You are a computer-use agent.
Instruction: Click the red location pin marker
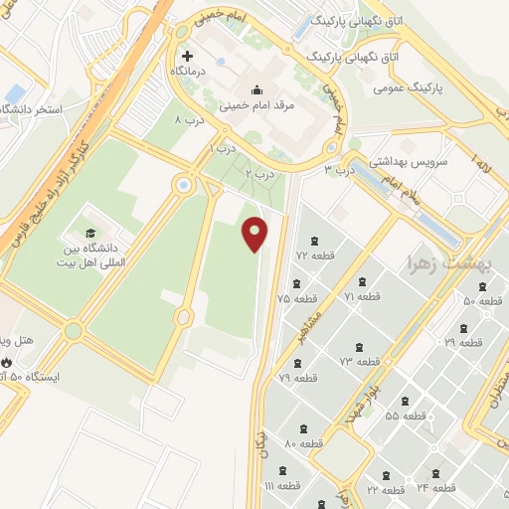pos(255,233)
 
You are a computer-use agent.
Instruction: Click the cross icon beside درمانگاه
pos(188,56)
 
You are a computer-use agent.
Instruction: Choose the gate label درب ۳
pos(341,170)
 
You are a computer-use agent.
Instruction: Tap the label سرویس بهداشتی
pos(410,159)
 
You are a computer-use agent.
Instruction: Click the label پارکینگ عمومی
pos(407,87)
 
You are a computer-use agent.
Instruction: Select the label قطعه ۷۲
pos(315,256)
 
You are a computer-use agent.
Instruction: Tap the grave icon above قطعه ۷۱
pos(363,280)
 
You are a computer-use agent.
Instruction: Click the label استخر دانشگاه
pos(34,108)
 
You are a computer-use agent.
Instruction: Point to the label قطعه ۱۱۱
pos(282,485)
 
